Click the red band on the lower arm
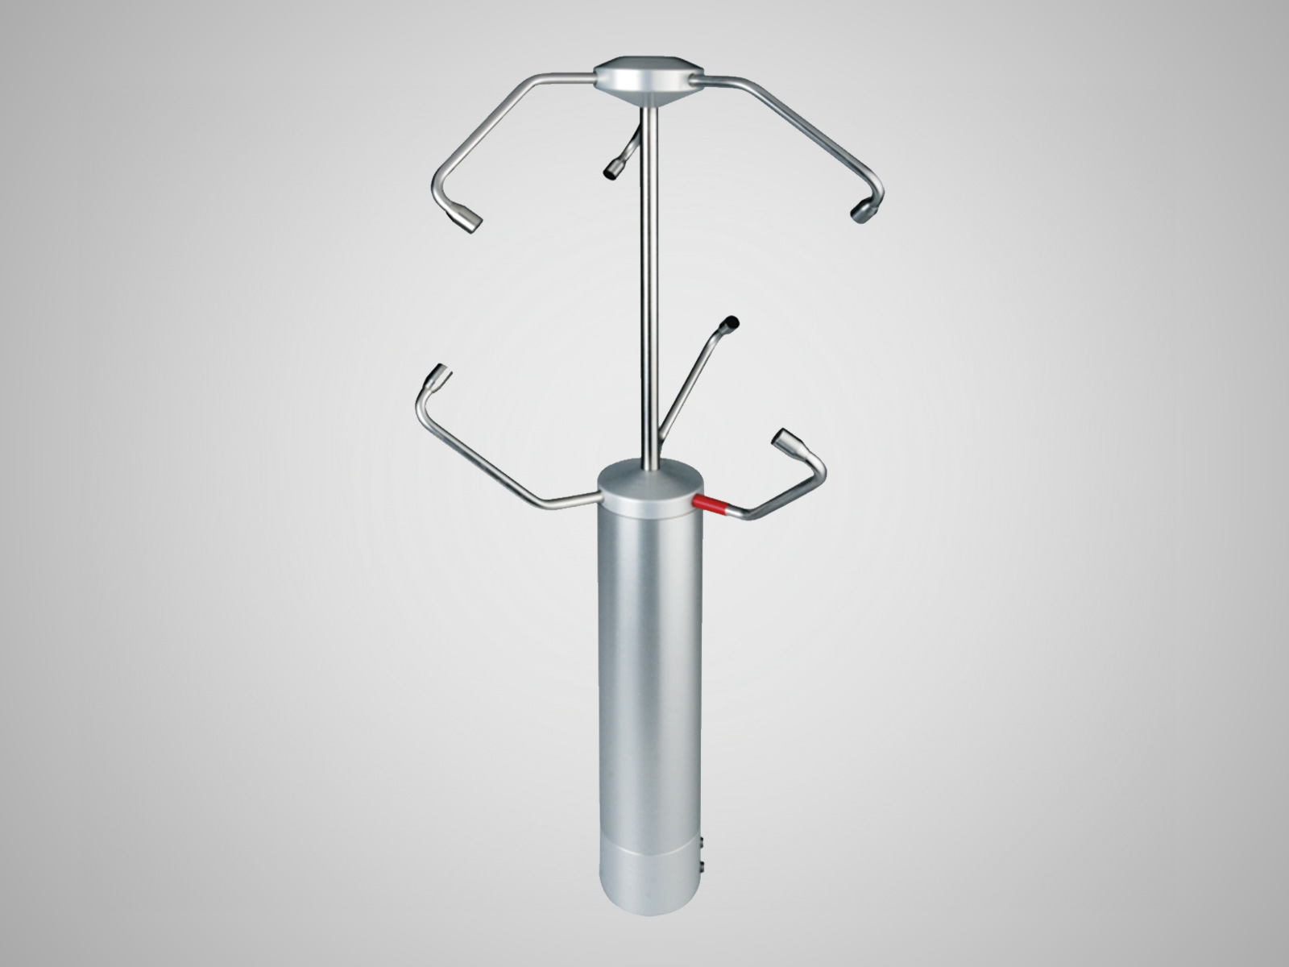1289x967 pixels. [711, 504]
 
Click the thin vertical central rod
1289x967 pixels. [649, 282]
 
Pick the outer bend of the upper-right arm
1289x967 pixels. [876, 185]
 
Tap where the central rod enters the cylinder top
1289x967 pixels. [649, 466]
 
